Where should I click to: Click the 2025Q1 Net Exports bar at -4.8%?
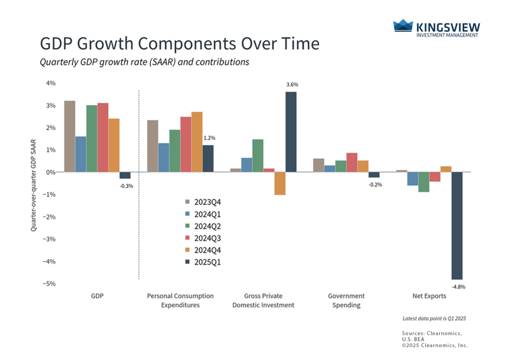457,226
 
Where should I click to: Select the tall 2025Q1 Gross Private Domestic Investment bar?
291,132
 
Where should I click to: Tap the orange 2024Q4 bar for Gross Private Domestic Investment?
280,183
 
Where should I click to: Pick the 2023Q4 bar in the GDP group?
70,136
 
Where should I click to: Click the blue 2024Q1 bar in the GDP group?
81,154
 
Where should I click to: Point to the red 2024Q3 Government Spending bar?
351,162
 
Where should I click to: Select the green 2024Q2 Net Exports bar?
424,182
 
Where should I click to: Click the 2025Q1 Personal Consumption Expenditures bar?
208,159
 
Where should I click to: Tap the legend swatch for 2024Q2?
188,226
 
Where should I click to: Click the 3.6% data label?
292,85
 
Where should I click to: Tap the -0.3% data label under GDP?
126,186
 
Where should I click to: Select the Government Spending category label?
346,300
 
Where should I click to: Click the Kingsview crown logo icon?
403,26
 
